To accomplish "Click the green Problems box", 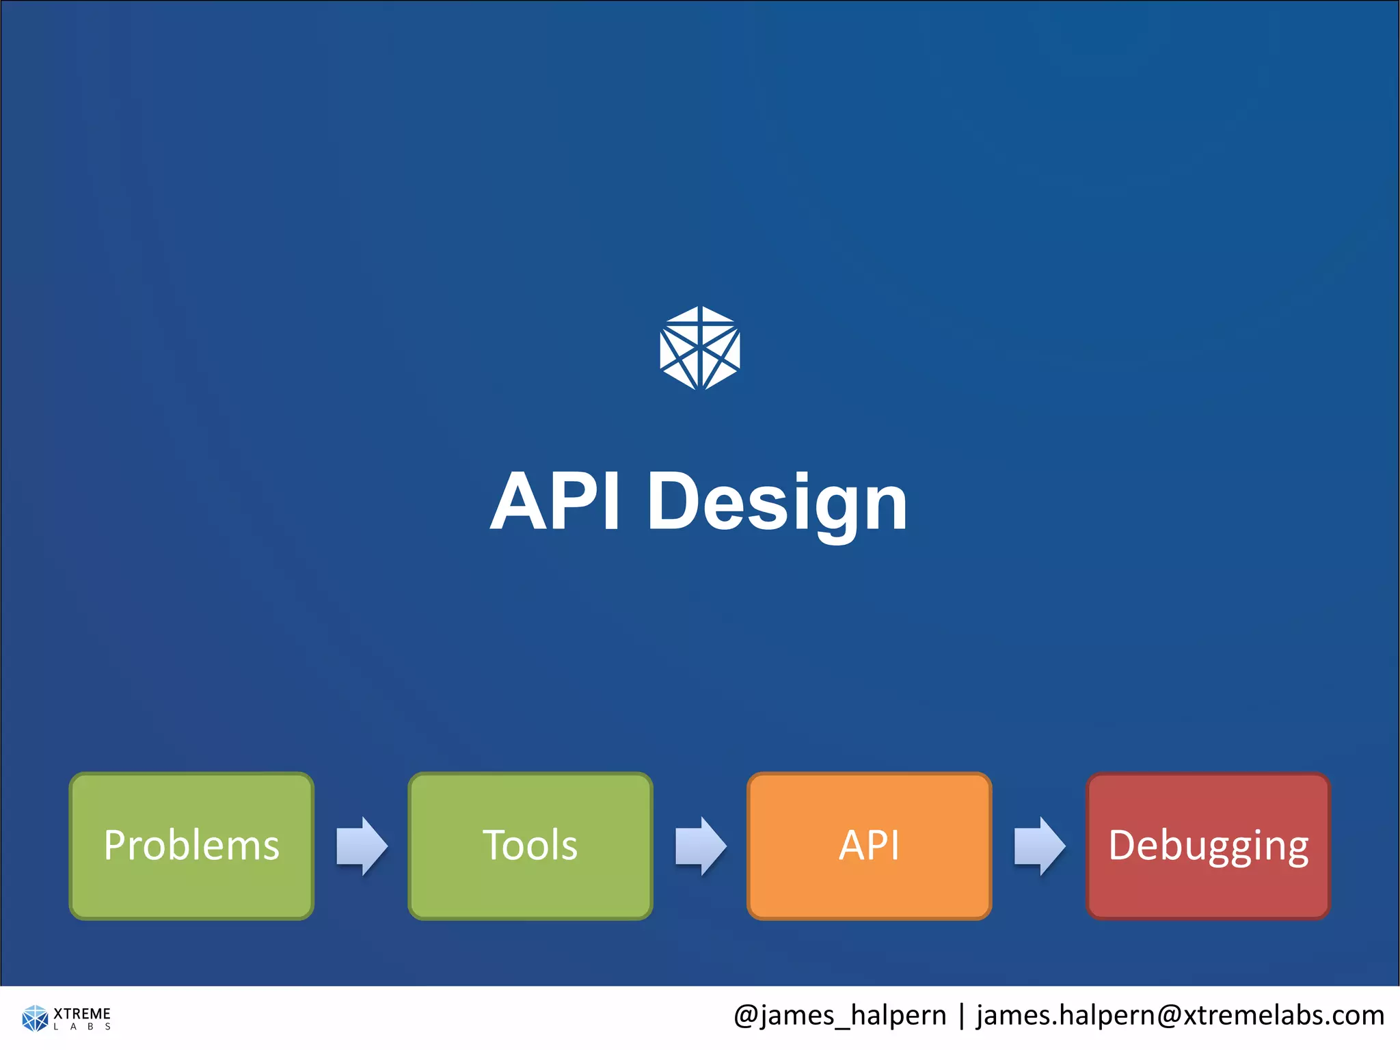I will coord(191,846).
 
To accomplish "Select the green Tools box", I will coord(530,846).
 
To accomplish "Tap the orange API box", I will coord(869,846).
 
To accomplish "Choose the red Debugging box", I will coord(1208,846).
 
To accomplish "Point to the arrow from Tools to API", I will coord(701,846).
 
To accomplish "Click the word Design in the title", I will coord(777,502).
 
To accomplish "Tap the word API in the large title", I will coord(555,502).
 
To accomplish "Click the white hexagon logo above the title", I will coord(700,349).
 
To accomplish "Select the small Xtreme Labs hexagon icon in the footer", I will coord(35,1018).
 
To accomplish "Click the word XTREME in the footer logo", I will coord(82,1013).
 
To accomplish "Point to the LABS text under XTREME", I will coord(82,1027).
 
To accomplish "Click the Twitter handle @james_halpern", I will coord(839,1015).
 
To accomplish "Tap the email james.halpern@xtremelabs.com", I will coord(1180,1015).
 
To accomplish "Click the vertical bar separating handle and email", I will coord(962,1015).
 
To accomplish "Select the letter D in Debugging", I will coord(1124,846).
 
